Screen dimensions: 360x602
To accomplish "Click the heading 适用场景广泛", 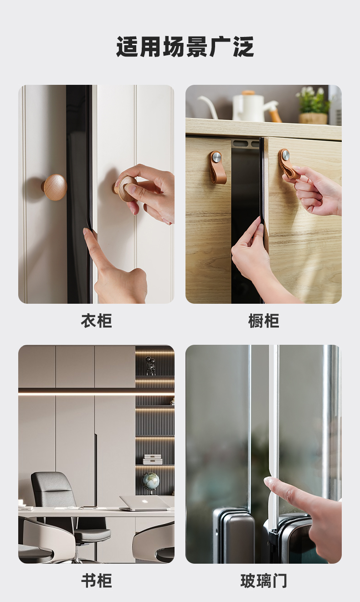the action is click(x=185, y=47).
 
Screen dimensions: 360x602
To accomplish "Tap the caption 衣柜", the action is click(x=96, y=321).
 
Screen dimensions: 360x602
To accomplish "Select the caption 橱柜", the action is click(x=264, y=321).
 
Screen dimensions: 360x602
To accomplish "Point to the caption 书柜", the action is click(x=96, y=581).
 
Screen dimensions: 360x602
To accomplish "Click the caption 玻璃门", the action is click(x=264, y=581).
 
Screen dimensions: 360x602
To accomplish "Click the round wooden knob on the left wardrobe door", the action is click(x=55, y=187).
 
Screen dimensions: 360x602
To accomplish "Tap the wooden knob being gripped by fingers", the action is click(x=125, y=188).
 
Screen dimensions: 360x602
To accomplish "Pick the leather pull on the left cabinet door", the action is click(x=217, y=167).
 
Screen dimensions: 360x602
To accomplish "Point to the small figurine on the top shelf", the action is click(x=150, y=365).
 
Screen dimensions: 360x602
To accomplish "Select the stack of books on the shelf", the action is click(x=153, y=459).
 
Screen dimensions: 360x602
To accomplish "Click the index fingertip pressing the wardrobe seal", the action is click(x=86, y=231).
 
